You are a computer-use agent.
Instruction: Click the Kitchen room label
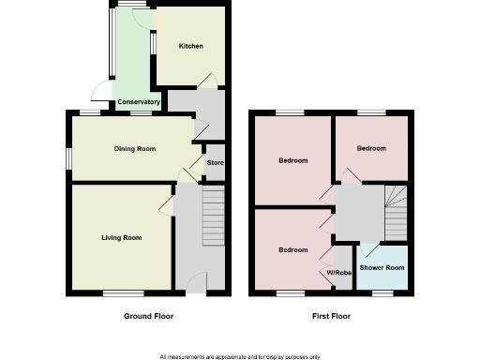tap(190, 46)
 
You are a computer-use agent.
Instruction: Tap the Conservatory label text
tap(138, 101)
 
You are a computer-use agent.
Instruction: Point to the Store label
tap(215, 162)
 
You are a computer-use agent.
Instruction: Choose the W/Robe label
tap(337, 274)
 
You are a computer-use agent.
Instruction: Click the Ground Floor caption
tap(148, 316)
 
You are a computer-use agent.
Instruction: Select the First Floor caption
tap(332, 316)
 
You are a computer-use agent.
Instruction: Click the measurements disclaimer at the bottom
tap(239, 356)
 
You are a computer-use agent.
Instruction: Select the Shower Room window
tap(382, 293)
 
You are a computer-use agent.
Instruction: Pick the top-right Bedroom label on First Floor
tap(370, 148)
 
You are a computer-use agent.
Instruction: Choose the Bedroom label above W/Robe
tap(292, 250)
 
